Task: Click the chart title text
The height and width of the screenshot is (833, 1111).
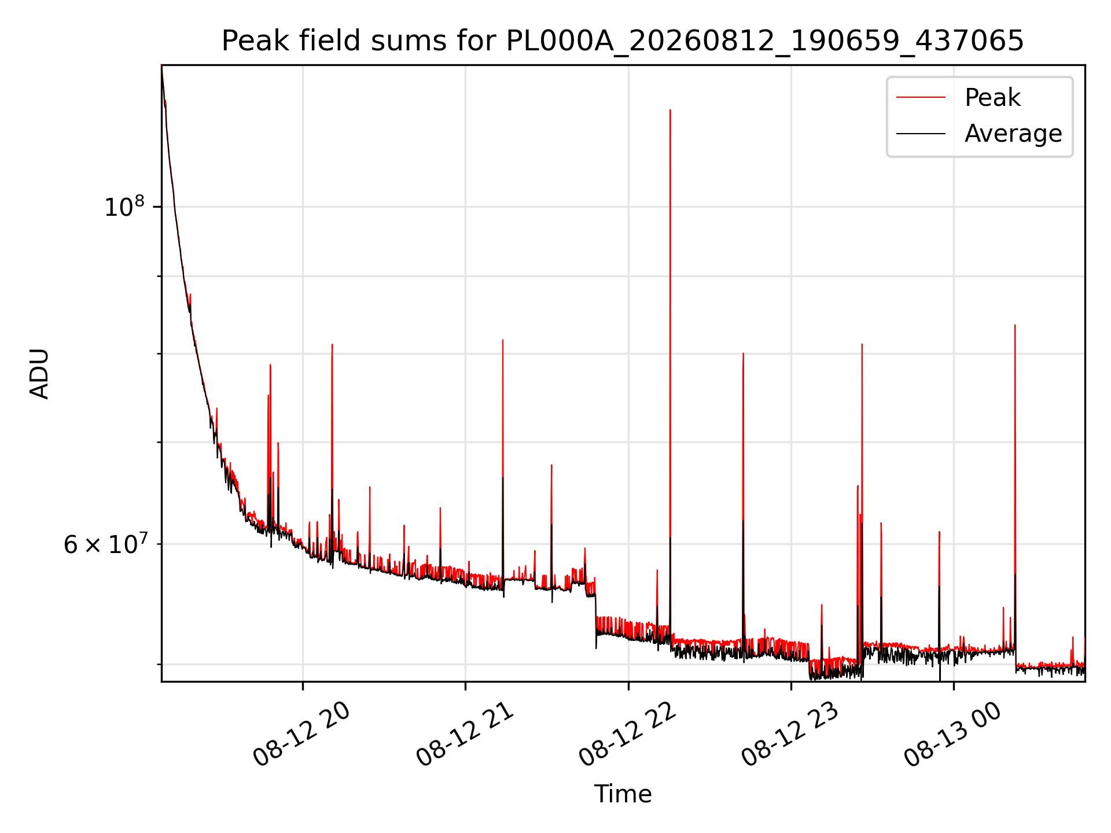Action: [x=623, y=41]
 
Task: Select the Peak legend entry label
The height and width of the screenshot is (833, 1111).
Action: [x=992, y=98]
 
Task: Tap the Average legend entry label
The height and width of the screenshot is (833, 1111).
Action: [x=1013, y=134]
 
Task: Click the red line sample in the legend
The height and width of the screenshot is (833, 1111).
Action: [x=921, y=98]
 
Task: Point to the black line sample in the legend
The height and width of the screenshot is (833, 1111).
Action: [x=921, y=134]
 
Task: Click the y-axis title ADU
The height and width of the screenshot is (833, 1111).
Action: [x=39, y=373]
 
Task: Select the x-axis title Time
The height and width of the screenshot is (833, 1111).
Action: [x=623, y=794]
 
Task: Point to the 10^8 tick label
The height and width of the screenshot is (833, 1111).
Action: [x=124, y=206]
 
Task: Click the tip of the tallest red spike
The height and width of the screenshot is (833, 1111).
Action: [x=670, y=109]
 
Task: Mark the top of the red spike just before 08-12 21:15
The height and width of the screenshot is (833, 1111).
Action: [x=503, y=340]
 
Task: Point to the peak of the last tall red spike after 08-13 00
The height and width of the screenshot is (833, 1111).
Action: [x=1015, y=325]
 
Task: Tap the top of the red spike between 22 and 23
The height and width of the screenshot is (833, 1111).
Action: [x=744, y=353]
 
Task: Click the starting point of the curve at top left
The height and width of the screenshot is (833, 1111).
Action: [x=162, y=67]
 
